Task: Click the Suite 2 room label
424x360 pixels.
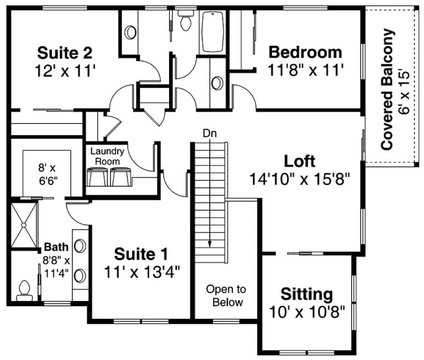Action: tap(64, 53)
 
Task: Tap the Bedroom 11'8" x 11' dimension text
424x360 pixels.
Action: tap(305, 69)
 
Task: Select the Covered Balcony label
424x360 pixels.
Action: tap(387, 89)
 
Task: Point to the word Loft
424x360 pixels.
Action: tap(299, 161)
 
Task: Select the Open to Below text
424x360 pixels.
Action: tap(226, 296)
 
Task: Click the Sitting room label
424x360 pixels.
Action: tap(307, 293)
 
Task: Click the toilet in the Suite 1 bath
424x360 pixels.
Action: tap(24, 288)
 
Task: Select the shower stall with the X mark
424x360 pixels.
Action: tap(24, 225)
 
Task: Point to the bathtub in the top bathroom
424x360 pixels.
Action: tap(213, 32)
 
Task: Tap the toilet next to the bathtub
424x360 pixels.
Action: tap(185, 22)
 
